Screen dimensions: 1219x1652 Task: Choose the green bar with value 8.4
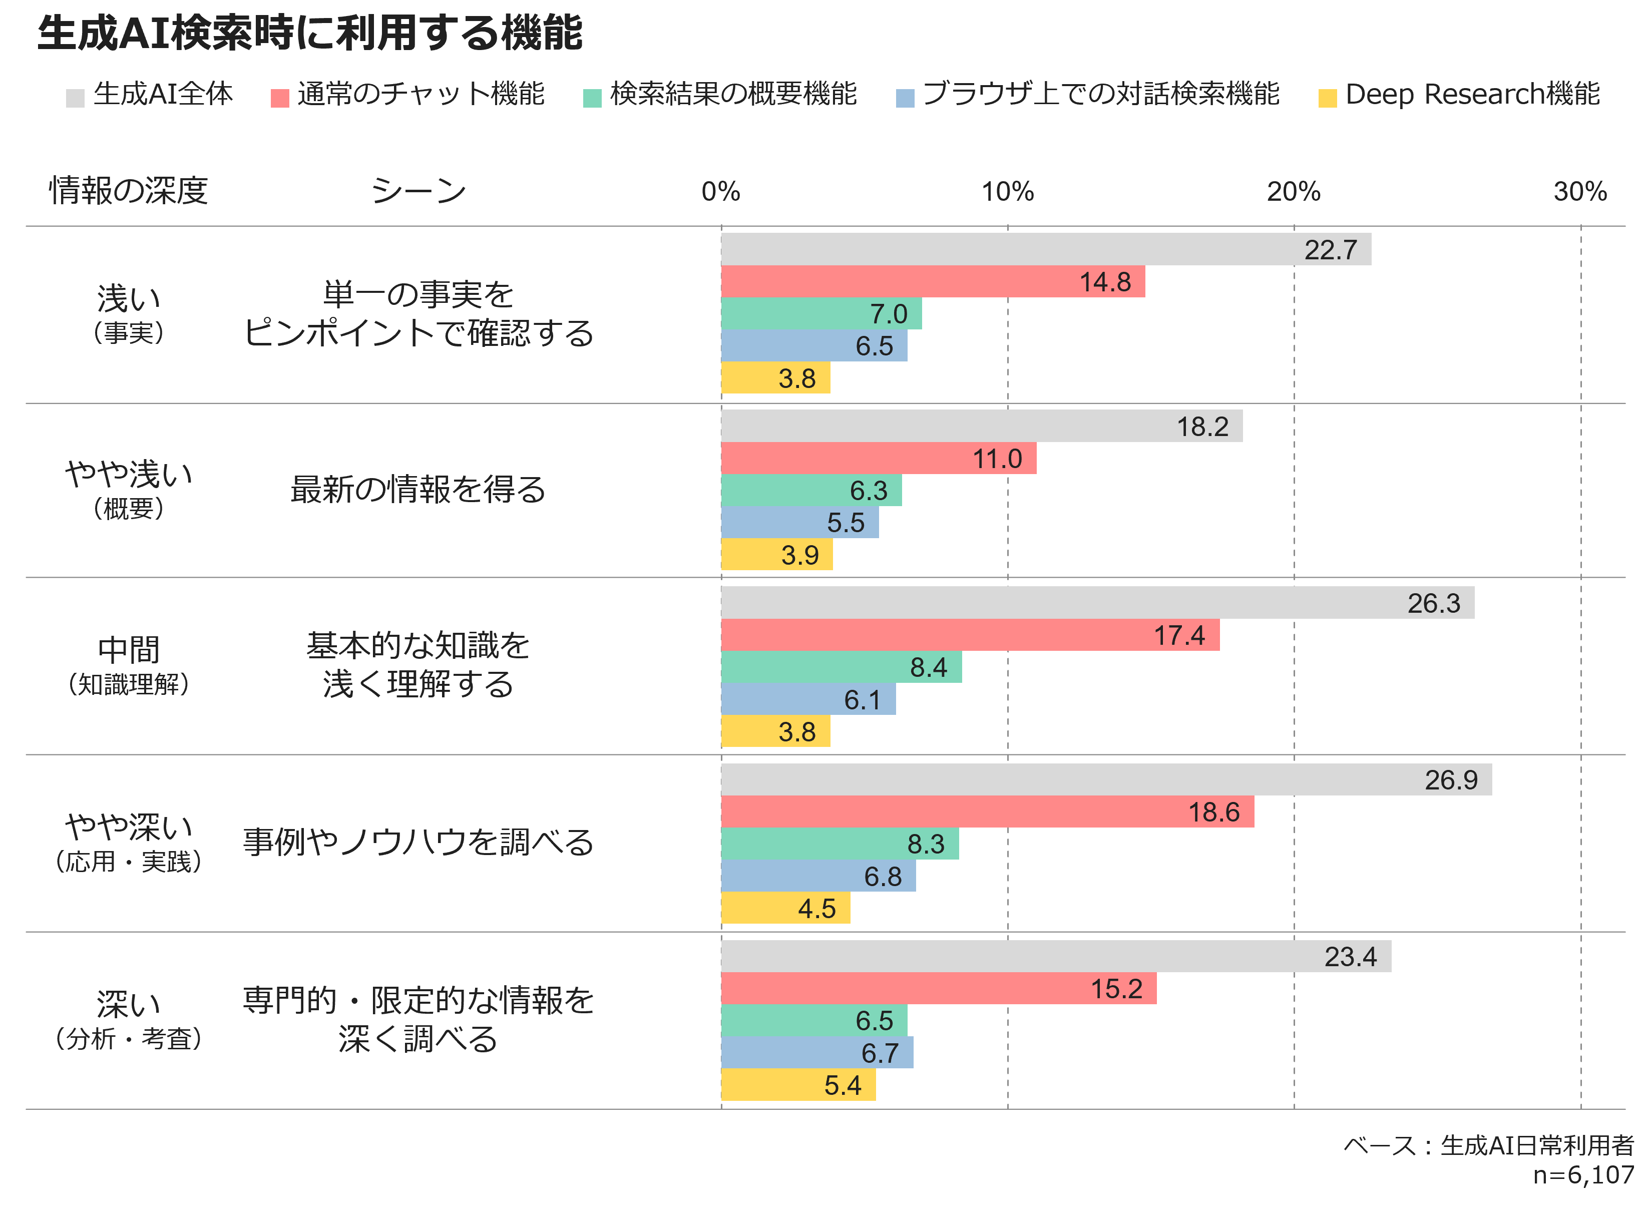[x=841, y=667]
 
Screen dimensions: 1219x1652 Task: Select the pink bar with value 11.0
[x=878, y=458]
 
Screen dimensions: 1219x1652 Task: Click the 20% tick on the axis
[x=1294, y=192]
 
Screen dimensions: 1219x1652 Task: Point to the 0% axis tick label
[x=721, y=192]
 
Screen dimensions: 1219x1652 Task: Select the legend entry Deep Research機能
[x=1472, y=95]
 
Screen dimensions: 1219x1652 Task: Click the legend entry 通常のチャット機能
[x=421, y=95]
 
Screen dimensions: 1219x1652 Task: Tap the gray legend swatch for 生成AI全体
[x=75, y=98]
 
